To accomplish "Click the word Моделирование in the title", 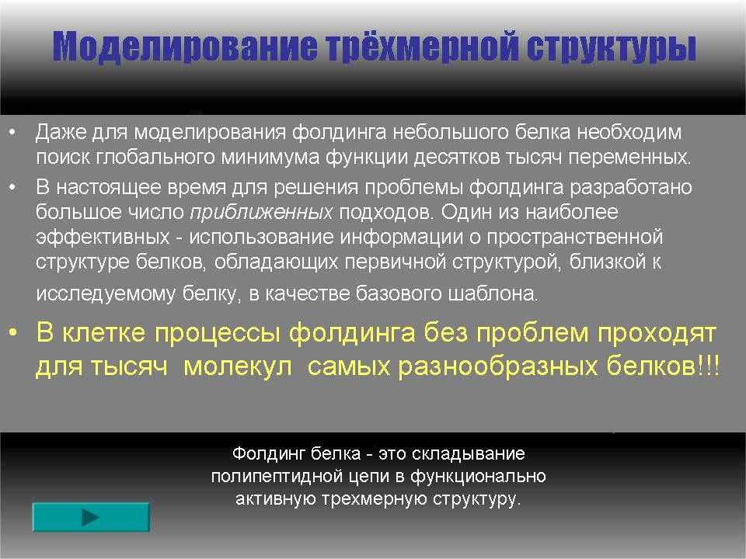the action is click(x=184, y=47).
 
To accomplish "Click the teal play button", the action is click(x=91, y=517).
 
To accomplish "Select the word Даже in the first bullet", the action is click(x=61, y=133).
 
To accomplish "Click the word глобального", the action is click(x=156, y=157).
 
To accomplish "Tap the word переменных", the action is click(x=629, y=158).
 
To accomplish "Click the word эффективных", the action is click(x=103, y=237).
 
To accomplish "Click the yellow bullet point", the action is click(x=13, y=333).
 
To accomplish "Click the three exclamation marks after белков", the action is click(x=707, y=366).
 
